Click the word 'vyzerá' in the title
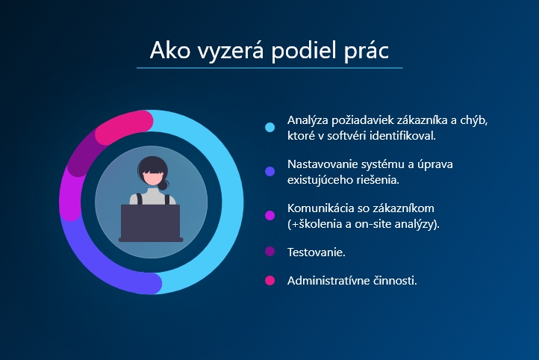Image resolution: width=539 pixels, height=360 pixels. [231, 51]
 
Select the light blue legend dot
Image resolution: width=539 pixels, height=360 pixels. [269, 127]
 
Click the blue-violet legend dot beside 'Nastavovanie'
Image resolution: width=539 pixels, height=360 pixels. [269, 171]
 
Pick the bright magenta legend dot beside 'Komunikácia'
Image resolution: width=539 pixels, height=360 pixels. [269, 215]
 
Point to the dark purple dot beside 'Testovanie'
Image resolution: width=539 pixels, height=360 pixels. [269, 252]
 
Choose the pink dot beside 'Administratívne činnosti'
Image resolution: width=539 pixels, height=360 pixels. [269, 280]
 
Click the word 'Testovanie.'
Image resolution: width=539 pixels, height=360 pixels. [317, 252]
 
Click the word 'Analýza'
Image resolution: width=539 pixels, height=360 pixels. [308, 121]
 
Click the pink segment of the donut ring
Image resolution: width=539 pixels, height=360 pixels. [121, 126]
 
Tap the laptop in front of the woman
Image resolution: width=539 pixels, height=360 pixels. [151, 223]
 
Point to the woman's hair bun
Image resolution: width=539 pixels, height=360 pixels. [163, 185]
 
